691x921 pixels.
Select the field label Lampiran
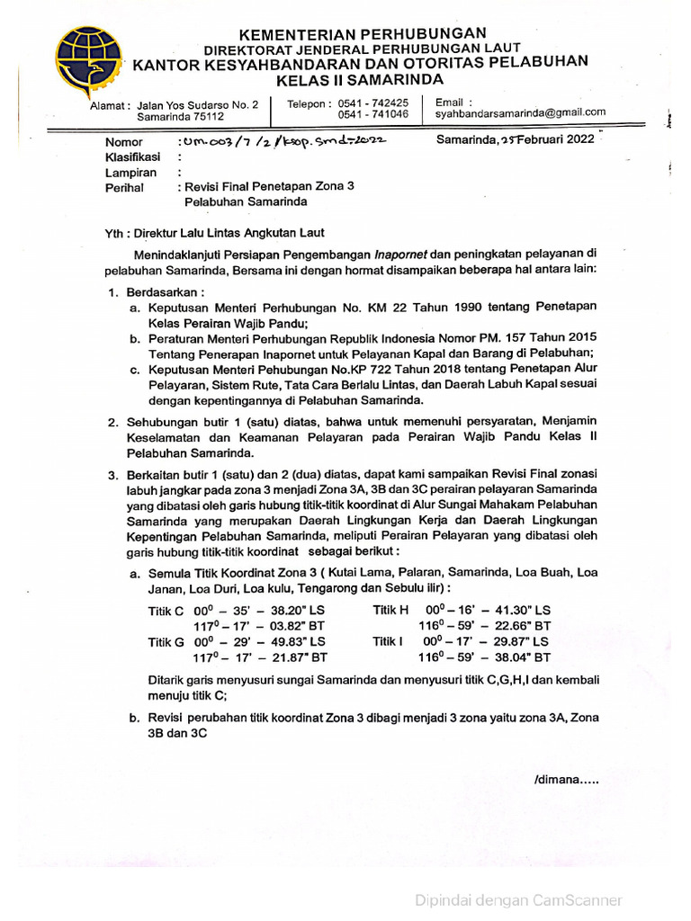pyautogui.click(x=130, y=173)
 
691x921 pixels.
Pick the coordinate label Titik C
pyautogui.click(x=166, y=611)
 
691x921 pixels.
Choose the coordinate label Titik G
pyautogui.click(x=166, y=641)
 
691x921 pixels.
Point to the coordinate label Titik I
pyautogui.click(x=389, y=641)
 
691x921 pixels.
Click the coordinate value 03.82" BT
pyautogui.click(x=293, y=626)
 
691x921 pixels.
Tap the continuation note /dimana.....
pyautogui.click(x=565, y=779)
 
